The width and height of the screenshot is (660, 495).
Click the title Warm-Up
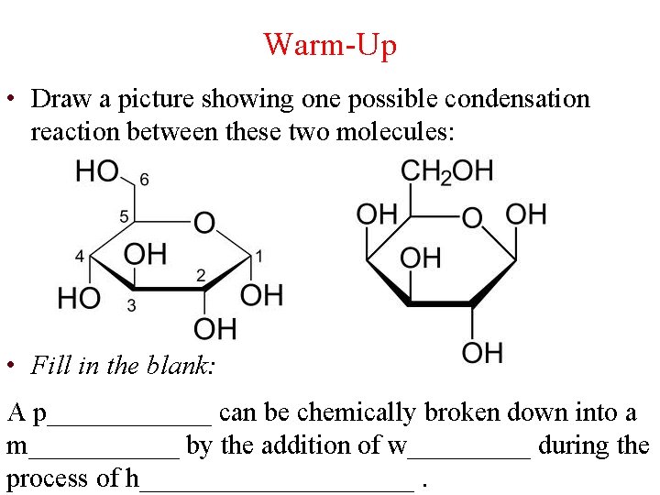tap(330, 43)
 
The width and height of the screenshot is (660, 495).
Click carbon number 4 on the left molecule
tap(80, 256)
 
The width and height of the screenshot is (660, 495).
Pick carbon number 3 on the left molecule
tap(132, 304)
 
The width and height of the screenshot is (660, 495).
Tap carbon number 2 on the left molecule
tap(201, 275)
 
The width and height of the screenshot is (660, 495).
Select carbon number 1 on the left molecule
tap(259, 256)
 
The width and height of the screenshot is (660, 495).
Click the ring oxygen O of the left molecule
tap(203, 222)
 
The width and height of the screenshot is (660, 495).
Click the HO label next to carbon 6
tap(96, 170)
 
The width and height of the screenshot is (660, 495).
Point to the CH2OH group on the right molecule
tap(446, 170)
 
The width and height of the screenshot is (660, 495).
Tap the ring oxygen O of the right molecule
tap(471, 218)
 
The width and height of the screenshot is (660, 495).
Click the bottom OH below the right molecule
tap(482, 352)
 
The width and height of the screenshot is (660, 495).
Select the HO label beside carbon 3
tap(80, 298)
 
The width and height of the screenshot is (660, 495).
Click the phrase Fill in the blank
tap(123, 366)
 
